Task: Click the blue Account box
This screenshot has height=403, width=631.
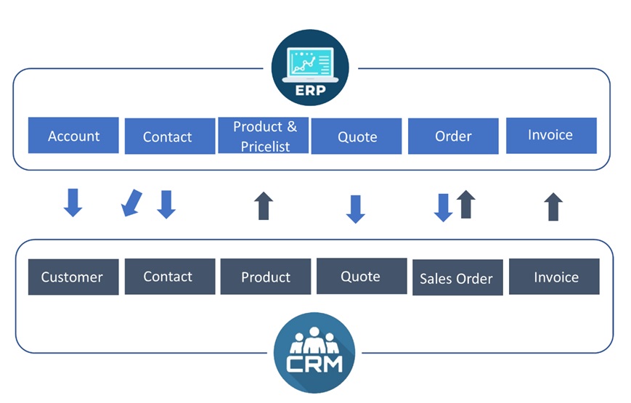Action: pos(73,135)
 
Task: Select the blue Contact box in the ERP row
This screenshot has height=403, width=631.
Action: pos(170,136)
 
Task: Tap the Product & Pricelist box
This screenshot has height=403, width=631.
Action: pos(263,135)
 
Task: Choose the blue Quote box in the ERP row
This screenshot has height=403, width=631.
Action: pos(357,136)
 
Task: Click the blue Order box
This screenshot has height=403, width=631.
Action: pos(453,136)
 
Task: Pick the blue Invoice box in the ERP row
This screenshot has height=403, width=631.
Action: pos(551,135)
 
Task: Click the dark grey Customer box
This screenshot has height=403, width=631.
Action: pos(73,277)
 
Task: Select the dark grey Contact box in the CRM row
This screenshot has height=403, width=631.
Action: pos(170,277)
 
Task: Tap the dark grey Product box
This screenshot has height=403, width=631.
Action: pos(266,277)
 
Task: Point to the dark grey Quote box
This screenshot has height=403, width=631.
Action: pos(362,276)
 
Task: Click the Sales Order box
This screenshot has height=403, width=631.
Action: pos(457,277)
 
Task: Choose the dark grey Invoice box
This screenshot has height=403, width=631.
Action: pos(554,277)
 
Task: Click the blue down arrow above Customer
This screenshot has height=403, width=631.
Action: pos(73,203)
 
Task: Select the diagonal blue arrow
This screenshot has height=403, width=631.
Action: pos(131,203)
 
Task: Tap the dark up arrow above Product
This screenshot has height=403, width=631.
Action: pos(264,205)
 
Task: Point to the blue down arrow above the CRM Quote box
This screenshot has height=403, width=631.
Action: pos(355,209)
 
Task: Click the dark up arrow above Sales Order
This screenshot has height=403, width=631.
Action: pos(466,204)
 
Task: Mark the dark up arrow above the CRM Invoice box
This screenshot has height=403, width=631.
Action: pos(553,206)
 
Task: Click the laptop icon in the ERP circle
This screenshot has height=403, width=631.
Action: pos(310,65)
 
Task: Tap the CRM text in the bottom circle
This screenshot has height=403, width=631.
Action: pos(314,364)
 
